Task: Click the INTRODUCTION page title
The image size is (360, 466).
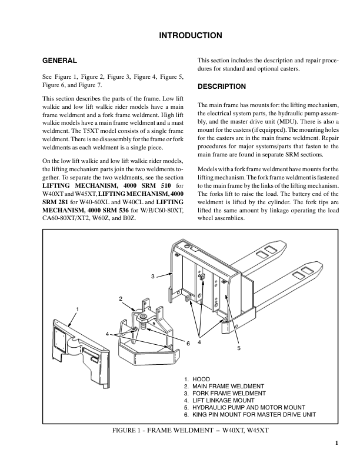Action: coord(191,36)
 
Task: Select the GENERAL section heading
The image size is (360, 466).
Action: coord(59,61)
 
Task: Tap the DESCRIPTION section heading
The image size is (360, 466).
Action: coord(222,86)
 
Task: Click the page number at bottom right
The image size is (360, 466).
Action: coord(336,444)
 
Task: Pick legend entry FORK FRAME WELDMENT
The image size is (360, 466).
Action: coord(227,393)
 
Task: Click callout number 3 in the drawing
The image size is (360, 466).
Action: coord(152,276)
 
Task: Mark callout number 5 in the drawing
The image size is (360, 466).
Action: coord(238,348)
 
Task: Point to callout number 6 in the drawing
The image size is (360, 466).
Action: coord(188,342)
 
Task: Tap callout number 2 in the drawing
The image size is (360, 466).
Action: coord(121,299)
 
